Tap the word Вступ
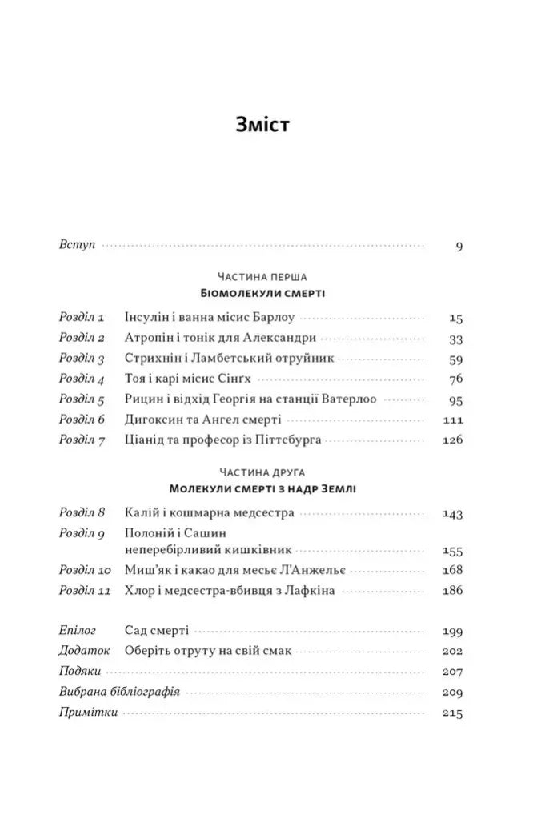77,245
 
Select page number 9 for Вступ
459,246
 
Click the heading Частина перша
262,276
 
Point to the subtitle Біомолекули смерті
262,294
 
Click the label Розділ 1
82,317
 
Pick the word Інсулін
147,317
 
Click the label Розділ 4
82,379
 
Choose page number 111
453,420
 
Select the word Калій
141,512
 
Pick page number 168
453,571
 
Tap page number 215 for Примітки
453,713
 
